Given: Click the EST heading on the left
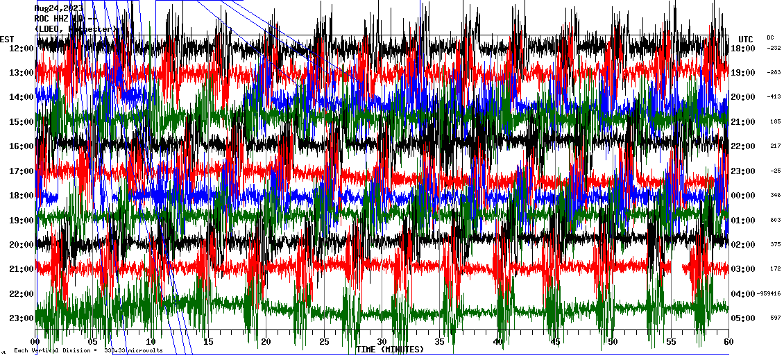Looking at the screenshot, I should point(7,39).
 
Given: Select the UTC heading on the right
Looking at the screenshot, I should point(745,39).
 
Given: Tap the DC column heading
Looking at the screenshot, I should point(770,37).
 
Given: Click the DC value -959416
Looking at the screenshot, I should point(770,294).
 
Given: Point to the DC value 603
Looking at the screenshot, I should point(774,220).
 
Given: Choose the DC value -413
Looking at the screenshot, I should point(774,97).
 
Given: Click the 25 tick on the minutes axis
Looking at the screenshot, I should point(323,342).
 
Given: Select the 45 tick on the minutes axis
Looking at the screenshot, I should point(554,342).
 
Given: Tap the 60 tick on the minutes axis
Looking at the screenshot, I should point(728,342).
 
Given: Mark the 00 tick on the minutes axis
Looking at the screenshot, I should point(35,342).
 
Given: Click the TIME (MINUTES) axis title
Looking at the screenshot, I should point(389,350).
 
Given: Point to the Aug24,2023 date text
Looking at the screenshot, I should point(58,8).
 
